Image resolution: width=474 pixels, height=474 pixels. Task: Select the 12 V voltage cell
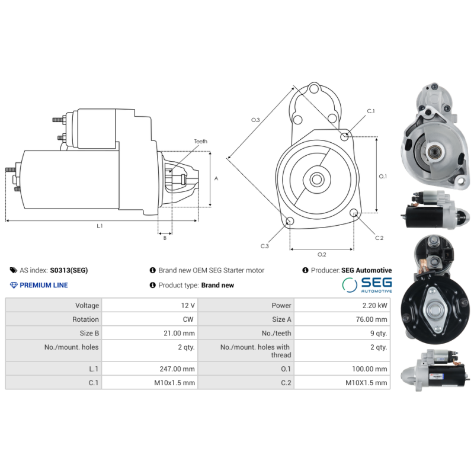[x=188, y=305]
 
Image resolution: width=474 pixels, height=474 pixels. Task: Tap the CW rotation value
[x=189, y=319]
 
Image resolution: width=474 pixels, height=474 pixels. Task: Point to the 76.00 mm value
[x=373, y=319]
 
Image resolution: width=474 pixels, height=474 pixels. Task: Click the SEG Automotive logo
[x=367, y=285]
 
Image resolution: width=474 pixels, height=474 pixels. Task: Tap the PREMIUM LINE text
[x=44, y=285]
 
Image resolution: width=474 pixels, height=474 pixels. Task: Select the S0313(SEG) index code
[x=69, y=270]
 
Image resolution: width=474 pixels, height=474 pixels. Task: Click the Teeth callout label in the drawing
[x=200, y=142]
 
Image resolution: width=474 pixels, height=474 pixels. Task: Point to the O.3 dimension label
[x=255, y=120]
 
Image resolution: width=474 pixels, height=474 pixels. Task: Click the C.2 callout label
[x=379, y=238]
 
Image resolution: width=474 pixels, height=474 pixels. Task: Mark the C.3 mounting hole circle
[x=290, y=222]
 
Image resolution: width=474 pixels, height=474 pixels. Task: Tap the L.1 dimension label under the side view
[x=100, y=226]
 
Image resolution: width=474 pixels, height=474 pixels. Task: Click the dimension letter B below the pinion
[x=165, y=238]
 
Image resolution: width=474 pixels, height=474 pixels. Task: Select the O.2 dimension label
[x=322, y=254]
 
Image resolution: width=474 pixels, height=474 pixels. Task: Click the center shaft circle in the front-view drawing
[x=316, y=180]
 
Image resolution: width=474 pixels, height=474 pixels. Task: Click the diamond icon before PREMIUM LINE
[x=15, y=285]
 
